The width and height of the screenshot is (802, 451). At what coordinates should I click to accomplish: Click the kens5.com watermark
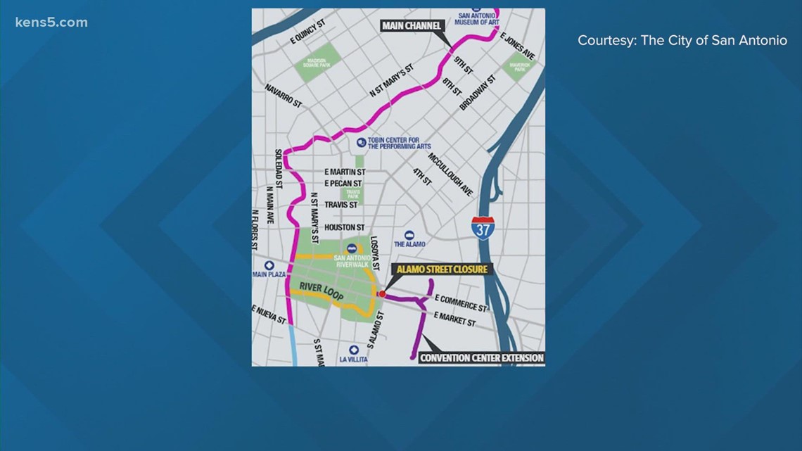tap(51, 23)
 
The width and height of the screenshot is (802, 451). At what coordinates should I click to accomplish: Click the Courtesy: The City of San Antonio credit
tap(682, 41)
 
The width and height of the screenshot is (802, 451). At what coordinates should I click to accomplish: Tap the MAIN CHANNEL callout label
tap(412, 26)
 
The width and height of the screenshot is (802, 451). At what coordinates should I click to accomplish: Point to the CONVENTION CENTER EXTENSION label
tap(481, 357)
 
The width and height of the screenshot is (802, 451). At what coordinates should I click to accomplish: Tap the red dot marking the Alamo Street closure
tap(382, 294)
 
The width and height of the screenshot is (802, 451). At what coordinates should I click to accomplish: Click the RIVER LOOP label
tap(320, 291)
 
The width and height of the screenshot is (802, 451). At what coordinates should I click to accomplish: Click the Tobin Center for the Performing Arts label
tap(404, 143)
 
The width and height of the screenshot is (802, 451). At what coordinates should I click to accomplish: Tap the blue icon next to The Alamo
tap(409, 235)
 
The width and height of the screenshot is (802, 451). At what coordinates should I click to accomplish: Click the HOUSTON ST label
tap(345, 227)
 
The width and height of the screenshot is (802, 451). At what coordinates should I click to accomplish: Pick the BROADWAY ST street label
tap(478, 92)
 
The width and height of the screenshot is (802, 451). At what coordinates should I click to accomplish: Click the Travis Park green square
tap(351, 194)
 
